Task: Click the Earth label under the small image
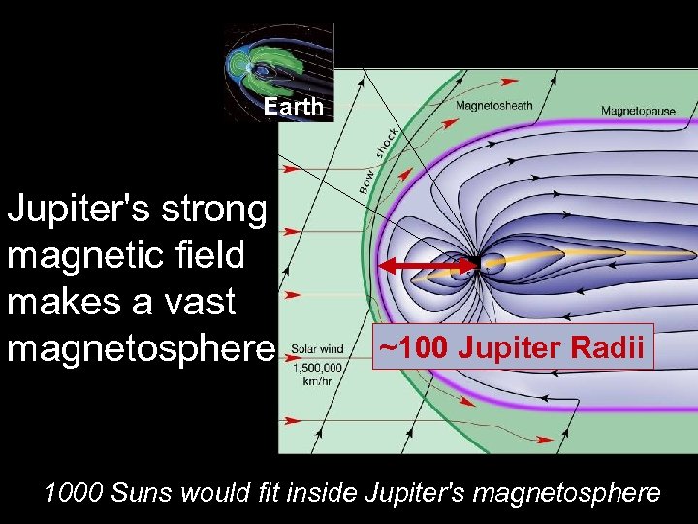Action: [293, 107]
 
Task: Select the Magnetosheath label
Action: [493, 106]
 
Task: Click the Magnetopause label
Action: [637, 111]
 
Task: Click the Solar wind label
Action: [317, 349]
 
